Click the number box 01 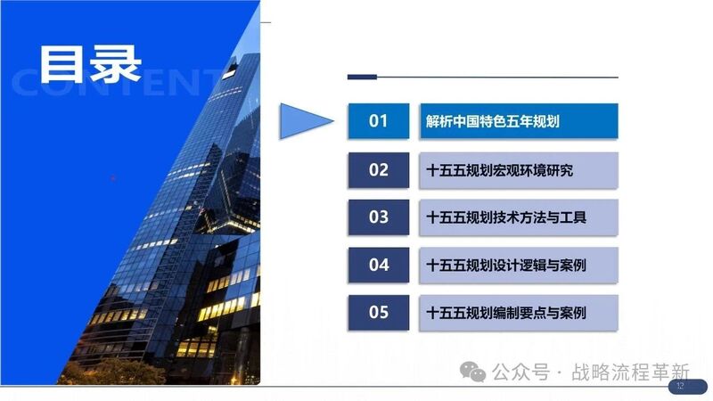coord(378,121)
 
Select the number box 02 coord(378,170)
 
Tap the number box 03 coord(378,217)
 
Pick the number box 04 coord(378,265)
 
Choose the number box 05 coord(378,313)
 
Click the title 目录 coord(91,64)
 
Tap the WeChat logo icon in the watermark coord(473,372)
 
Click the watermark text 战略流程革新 coord(630,372)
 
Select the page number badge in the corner coord(687,386)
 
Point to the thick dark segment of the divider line coord(362,78)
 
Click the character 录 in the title coord(116,64)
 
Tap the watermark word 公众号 coord(521,372)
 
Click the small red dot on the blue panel coord(113,178)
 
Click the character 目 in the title coord(62,64)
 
